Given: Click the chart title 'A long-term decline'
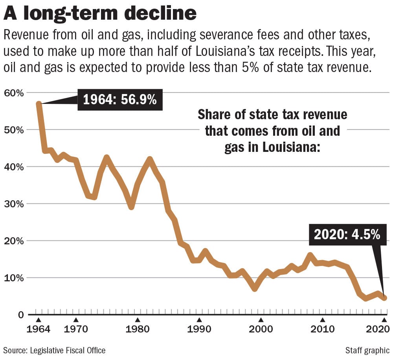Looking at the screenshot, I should coord(100,14).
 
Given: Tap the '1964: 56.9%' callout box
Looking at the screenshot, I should coord(119,100).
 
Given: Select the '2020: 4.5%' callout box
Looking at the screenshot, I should coord(347,235).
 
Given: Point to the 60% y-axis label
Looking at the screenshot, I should coord(14,93).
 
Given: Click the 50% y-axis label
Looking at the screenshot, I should coord(14,130).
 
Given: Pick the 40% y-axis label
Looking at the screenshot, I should coord(14,167).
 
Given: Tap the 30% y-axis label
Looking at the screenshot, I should coord(14,204).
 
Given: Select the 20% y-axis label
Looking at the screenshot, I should coord(14,241).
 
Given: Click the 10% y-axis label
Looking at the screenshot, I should coord(14,278).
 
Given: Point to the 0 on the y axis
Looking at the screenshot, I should coord(20,315).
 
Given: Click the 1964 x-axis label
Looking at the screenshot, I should coord(38,329).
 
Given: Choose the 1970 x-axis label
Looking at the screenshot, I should coord(76,329).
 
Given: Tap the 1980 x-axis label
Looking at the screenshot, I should coord(138,329).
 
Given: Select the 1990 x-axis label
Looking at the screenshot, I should coord(199,329).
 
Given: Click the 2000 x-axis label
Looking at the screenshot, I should coord(261,329).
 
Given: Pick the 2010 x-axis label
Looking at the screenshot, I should coord(322,329).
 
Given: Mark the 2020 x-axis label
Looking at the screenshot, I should coord(377,329).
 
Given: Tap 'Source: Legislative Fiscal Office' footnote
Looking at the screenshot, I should coord(55,350).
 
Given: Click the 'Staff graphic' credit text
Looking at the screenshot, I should coord(367,350).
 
